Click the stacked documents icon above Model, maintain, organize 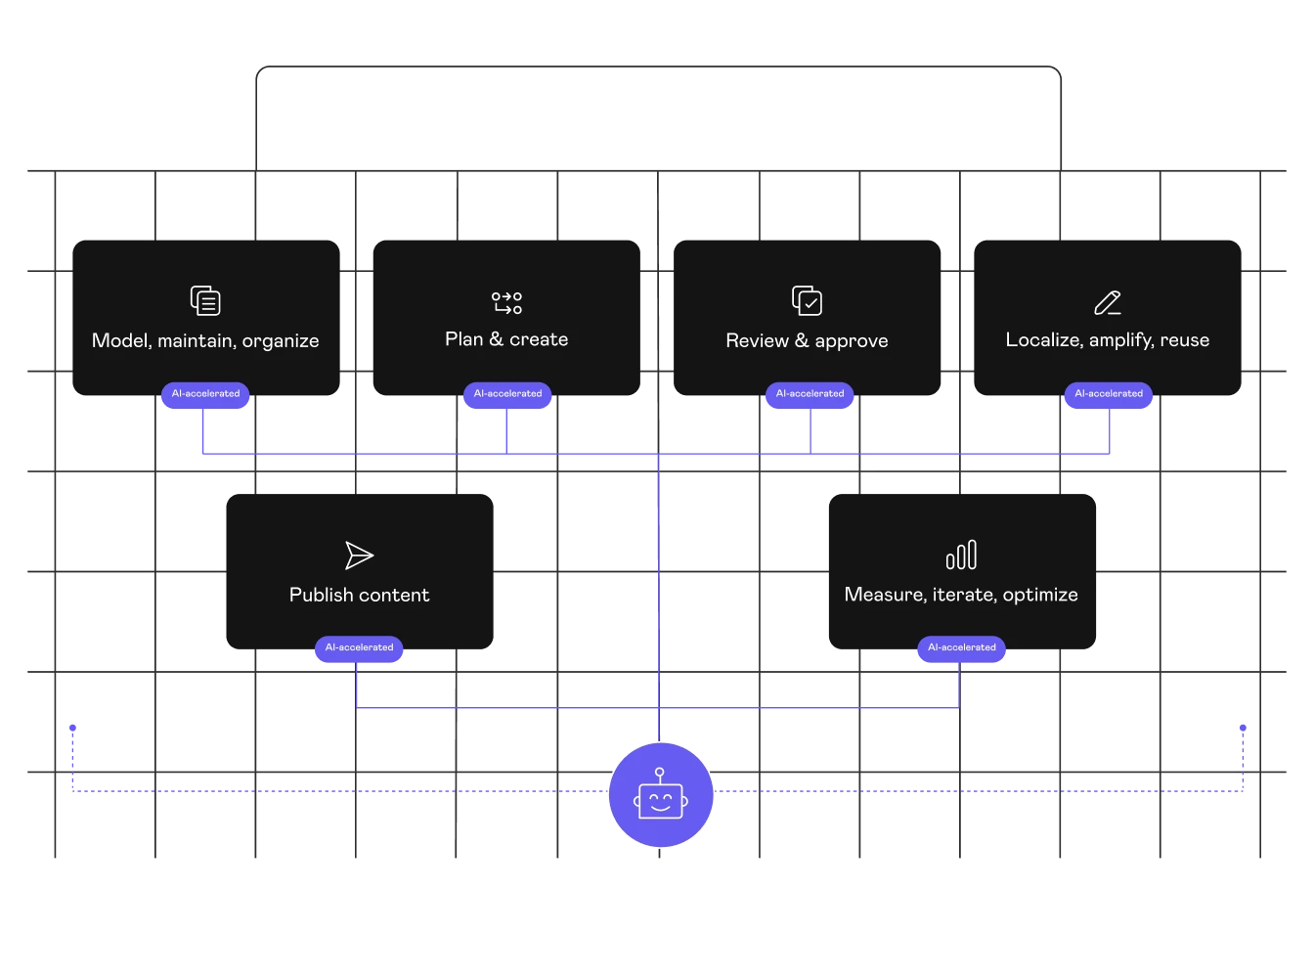point(205,300)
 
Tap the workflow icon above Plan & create point(506,302)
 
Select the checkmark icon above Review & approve point(807,300)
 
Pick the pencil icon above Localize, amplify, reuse point(1108,302)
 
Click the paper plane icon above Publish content point(359,556)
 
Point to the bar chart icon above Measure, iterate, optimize point(961,555)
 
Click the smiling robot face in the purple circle point(661,794)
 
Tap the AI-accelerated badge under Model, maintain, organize point(205,393)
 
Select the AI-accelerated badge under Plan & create point(507,393)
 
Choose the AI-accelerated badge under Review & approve point(810,393)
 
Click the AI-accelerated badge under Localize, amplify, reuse point(1109,393)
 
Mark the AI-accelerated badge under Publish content point(359,647)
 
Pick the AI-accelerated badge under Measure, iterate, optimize point(961,647)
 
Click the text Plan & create point(506,339)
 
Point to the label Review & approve point(807,340)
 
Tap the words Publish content point(359,595)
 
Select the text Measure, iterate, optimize point(961,595)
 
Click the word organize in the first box point(281,341)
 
